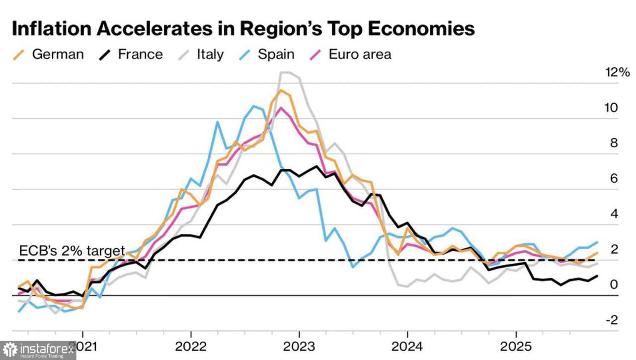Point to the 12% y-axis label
(x=617, y=72)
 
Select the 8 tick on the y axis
(x=614, y=143)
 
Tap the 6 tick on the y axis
(x=614, y=178)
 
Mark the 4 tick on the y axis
(x=614, y=214)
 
